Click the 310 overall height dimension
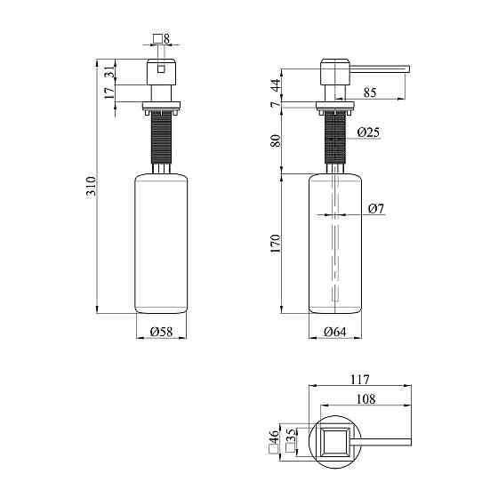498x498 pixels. (91, 188)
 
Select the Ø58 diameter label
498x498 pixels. (161, 332)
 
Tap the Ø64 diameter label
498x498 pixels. (335, 332)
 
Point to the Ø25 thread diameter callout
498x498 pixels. (368, 133)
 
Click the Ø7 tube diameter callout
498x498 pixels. (376, 209)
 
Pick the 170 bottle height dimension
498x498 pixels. (276, 244)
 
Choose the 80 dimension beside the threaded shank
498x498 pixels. (276, 141)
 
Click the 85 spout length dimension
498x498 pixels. (370, 92)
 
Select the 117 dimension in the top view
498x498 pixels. (360, 380)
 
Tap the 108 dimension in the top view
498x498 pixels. (365, 399)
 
